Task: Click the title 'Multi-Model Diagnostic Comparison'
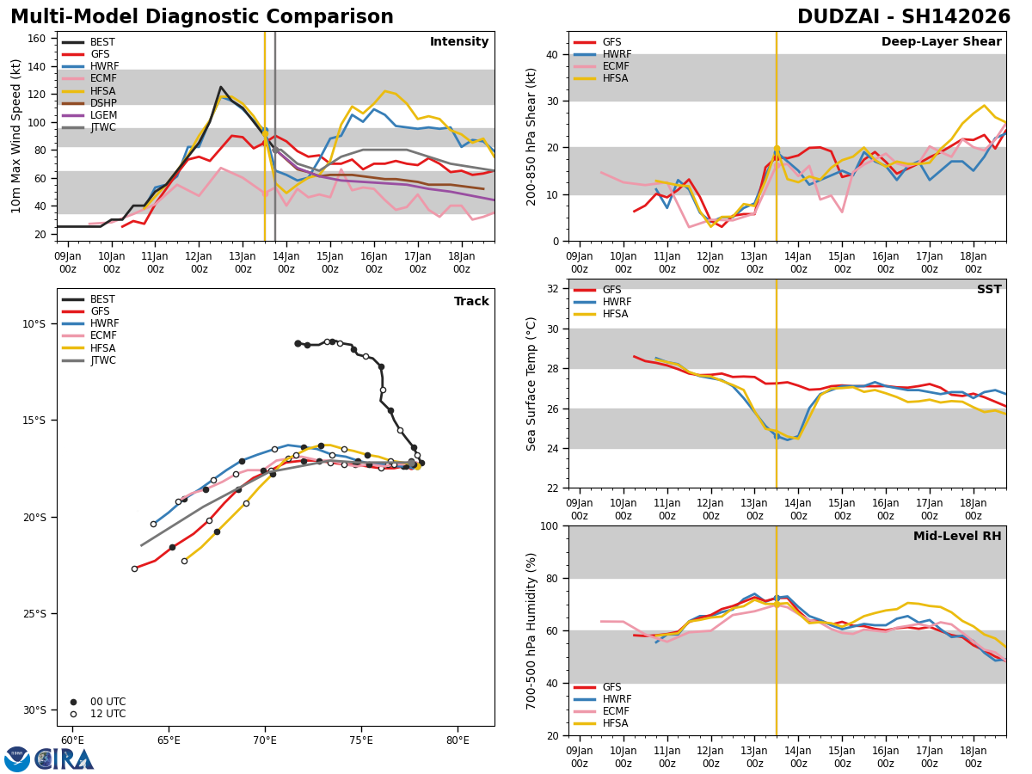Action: point(202,17)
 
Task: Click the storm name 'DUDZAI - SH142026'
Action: point(903,17)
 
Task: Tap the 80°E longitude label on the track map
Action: point(458,740)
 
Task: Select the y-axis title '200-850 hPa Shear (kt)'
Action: point(531,136)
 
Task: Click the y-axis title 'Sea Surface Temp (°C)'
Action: point(531,384)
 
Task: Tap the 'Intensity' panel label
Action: point(459,42)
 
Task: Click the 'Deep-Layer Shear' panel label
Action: point(941,42)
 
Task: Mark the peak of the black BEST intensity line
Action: point(220,87)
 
